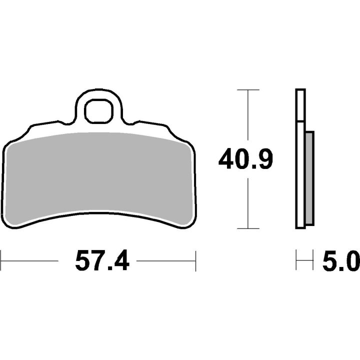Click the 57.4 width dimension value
point(102,261)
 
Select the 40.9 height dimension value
point(245,158)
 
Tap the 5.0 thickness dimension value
point(341,261)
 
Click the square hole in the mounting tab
point(99,111)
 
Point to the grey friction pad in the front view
point(99,177)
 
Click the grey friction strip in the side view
point(309,178)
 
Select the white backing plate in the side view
point(300,158)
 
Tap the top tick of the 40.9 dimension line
point(248,90)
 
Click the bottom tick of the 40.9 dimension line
point(248,228)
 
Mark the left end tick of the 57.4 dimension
point(1,261)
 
